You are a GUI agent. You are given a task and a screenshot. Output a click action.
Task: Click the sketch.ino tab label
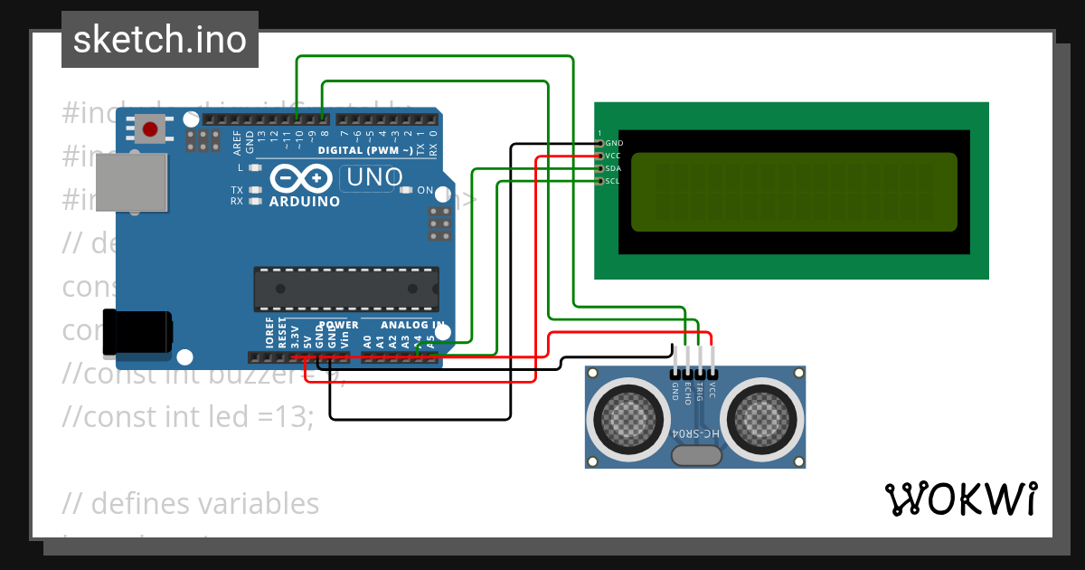160,40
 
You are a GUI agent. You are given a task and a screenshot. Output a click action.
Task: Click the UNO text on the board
374,177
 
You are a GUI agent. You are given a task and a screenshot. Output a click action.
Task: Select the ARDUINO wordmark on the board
305,201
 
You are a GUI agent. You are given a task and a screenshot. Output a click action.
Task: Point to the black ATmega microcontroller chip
346,289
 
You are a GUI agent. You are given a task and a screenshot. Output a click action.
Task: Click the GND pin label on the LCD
614,143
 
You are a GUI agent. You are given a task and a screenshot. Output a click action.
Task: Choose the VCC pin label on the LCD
613,156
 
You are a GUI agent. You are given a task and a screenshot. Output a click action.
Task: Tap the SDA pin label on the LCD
613,168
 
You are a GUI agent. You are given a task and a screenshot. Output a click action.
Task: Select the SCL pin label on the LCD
612,181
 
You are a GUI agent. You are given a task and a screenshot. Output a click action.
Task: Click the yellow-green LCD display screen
793,191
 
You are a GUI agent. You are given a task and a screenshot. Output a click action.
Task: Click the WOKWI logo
961,499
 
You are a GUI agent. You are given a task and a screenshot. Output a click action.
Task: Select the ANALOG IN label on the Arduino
412,324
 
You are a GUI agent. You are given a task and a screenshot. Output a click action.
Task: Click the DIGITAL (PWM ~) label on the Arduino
366,149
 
